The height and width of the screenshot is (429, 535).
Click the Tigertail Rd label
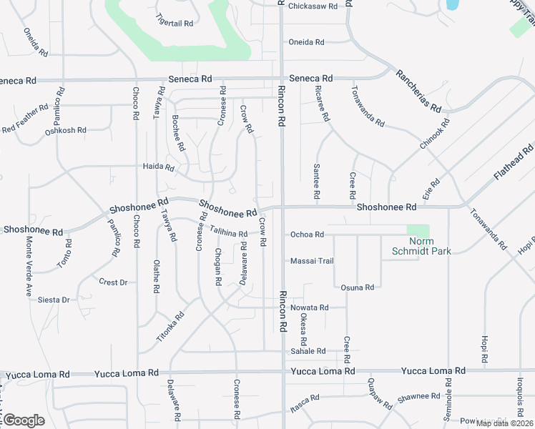coord(175,23)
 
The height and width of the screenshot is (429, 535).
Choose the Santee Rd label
coord(316,181)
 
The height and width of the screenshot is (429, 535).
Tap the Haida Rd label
coord(159,167)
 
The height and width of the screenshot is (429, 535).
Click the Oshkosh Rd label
coord(65,131)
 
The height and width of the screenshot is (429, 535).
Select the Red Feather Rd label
coord(21,124)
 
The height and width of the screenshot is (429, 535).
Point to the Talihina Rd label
coord(228,232)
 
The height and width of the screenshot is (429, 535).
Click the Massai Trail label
coord(312,261)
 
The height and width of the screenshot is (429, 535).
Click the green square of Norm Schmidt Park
coord(418,232)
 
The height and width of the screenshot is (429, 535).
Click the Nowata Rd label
coord(309,307)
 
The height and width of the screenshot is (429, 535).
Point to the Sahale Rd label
coord(308,351)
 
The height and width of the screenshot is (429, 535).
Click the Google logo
coord(23,420)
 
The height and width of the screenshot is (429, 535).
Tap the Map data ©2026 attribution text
coord(504,423)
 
